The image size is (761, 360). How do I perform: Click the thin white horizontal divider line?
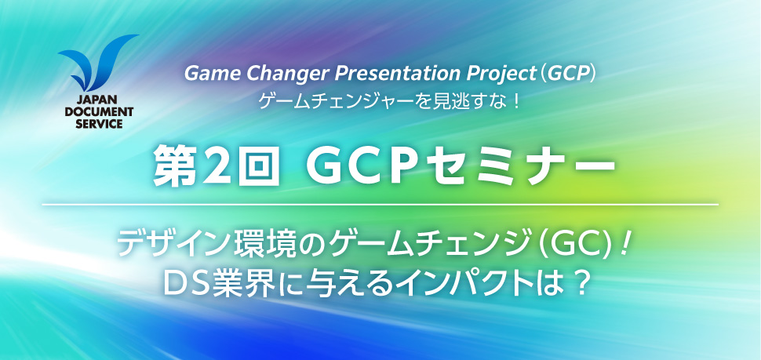point(380,205)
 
